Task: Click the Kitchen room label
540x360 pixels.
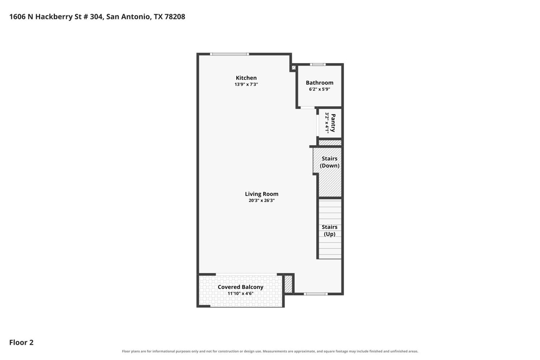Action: (x=246, y=78)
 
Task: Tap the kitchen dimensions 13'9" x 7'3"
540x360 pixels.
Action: (x=246, y=84)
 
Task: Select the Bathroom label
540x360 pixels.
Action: (x=319, y=83)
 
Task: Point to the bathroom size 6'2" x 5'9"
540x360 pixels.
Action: (x=319, y=89)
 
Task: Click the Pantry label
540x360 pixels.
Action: (x=333, y=123)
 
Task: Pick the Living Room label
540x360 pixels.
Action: (x=262, y=194)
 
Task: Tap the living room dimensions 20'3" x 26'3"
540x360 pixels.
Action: (x=262, y=200)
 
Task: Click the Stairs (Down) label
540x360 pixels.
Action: (x=330, y=162)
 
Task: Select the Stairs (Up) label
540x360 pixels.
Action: (x=330, y=231)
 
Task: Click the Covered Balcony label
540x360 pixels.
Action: (x=240, y=287)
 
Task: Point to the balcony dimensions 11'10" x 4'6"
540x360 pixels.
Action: (x=240, y=293)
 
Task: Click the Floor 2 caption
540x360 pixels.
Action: (x=21, y=342)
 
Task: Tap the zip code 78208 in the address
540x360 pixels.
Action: (x=175, y=17)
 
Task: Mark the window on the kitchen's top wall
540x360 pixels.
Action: (x=229, y=54)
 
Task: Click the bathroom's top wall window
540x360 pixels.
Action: (x=318, y=65)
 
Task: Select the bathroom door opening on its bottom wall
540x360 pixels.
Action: (x=308, y=108)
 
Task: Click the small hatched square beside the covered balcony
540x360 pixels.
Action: (x=289, y=284)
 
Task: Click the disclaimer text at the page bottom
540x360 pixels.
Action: (x=270, y=351)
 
